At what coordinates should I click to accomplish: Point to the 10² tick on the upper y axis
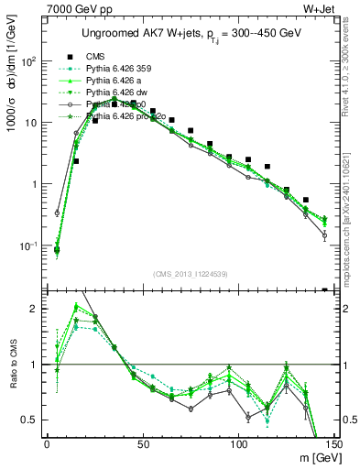pyautogui.click(x=29, y=61)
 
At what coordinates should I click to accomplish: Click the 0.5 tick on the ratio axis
pyautogui.click(x=30, y=420)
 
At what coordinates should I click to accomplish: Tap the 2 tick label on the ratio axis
pyautogui.click(x=36, y=310)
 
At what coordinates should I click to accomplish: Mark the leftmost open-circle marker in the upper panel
pyautogui.click(x=57, y=213)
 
